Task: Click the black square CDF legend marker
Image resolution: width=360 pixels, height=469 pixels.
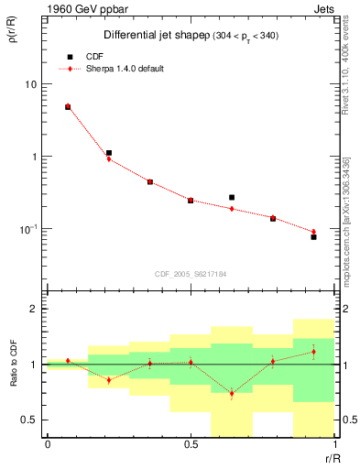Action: click(x=68, y=56)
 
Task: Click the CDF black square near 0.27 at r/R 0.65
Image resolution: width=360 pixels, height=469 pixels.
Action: click(x=232, y=197)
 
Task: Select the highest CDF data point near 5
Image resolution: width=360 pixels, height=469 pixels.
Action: click(x=68, y=107)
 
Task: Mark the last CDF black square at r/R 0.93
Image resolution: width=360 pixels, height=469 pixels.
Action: click(x=313, y=237)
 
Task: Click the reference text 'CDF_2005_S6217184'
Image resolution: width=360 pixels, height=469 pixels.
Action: click(x=191, y=274)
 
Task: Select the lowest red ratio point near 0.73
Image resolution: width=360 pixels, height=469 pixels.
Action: click(x=232, y=394)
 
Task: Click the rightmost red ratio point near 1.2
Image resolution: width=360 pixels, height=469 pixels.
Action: click(x=313, y=352)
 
